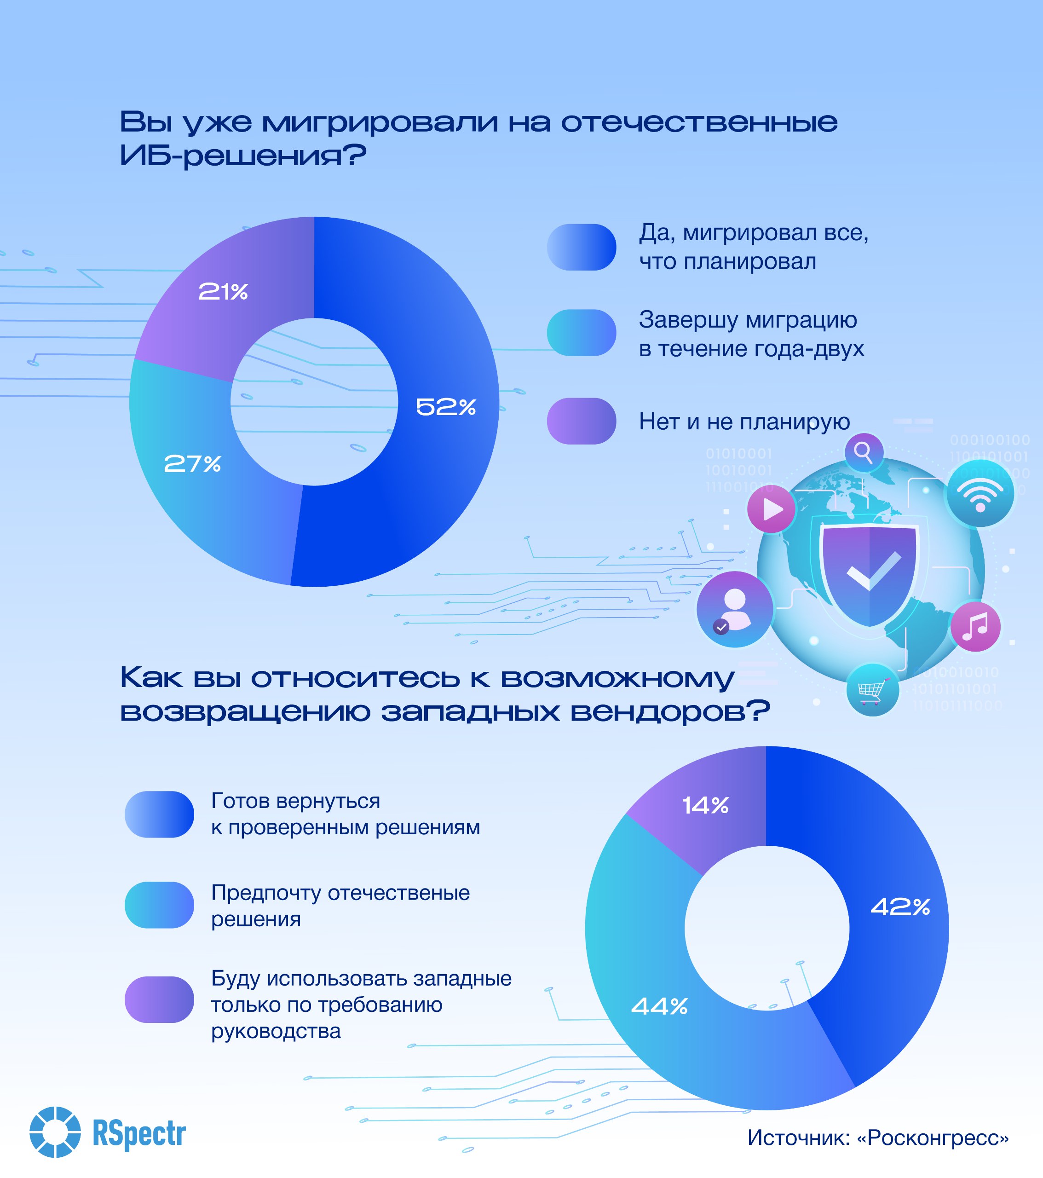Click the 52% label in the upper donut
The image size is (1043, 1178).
pyautogui.click(x=445, y=407)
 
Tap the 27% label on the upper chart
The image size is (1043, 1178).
pyautogui.click(x=192, y=464)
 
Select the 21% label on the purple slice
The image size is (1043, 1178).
pyautogui.click(x=223, y=292)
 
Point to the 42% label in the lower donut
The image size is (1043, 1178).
pyautogui.click(x=900, y=907)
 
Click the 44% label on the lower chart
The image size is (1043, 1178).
pyautogui.click(x=660, y=1006)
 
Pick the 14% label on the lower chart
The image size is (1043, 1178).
pyautogui.click(x=705, y=805)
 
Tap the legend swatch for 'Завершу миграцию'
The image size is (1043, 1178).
pyautogui.click(x=582, y=333)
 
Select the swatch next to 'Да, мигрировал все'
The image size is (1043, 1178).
pyautogui.click(x=582, y=247)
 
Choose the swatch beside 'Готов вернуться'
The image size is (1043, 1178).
pyautogui.click(x=159, y=814)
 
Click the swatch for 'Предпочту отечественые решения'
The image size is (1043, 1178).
pyautogui.click(x=159, y=905)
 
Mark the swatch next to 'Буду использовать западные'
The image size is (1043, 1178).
pyautogui.click(x=159, y=999)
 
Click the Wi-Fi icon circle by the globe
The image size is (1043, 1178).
pyautogui.click(x=980, y=493)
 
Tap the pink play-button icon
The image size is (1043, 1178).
pyautogui.click(x=772, y=509)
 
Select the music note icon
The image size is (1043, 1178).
pyautogui.click(x=975, y=626)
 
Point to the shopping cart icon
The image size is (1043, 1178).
pyautogui.click(x=872, y=690)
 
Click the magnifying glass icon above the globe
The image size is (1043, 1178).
pyautogui.click(x=864, y=452)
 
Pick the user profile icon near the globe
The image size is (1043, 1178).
pyautogui.click(x=735, y=609)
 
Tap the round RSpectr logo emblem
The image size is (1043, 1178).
pyautogui.click(x=55, y=1132)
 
